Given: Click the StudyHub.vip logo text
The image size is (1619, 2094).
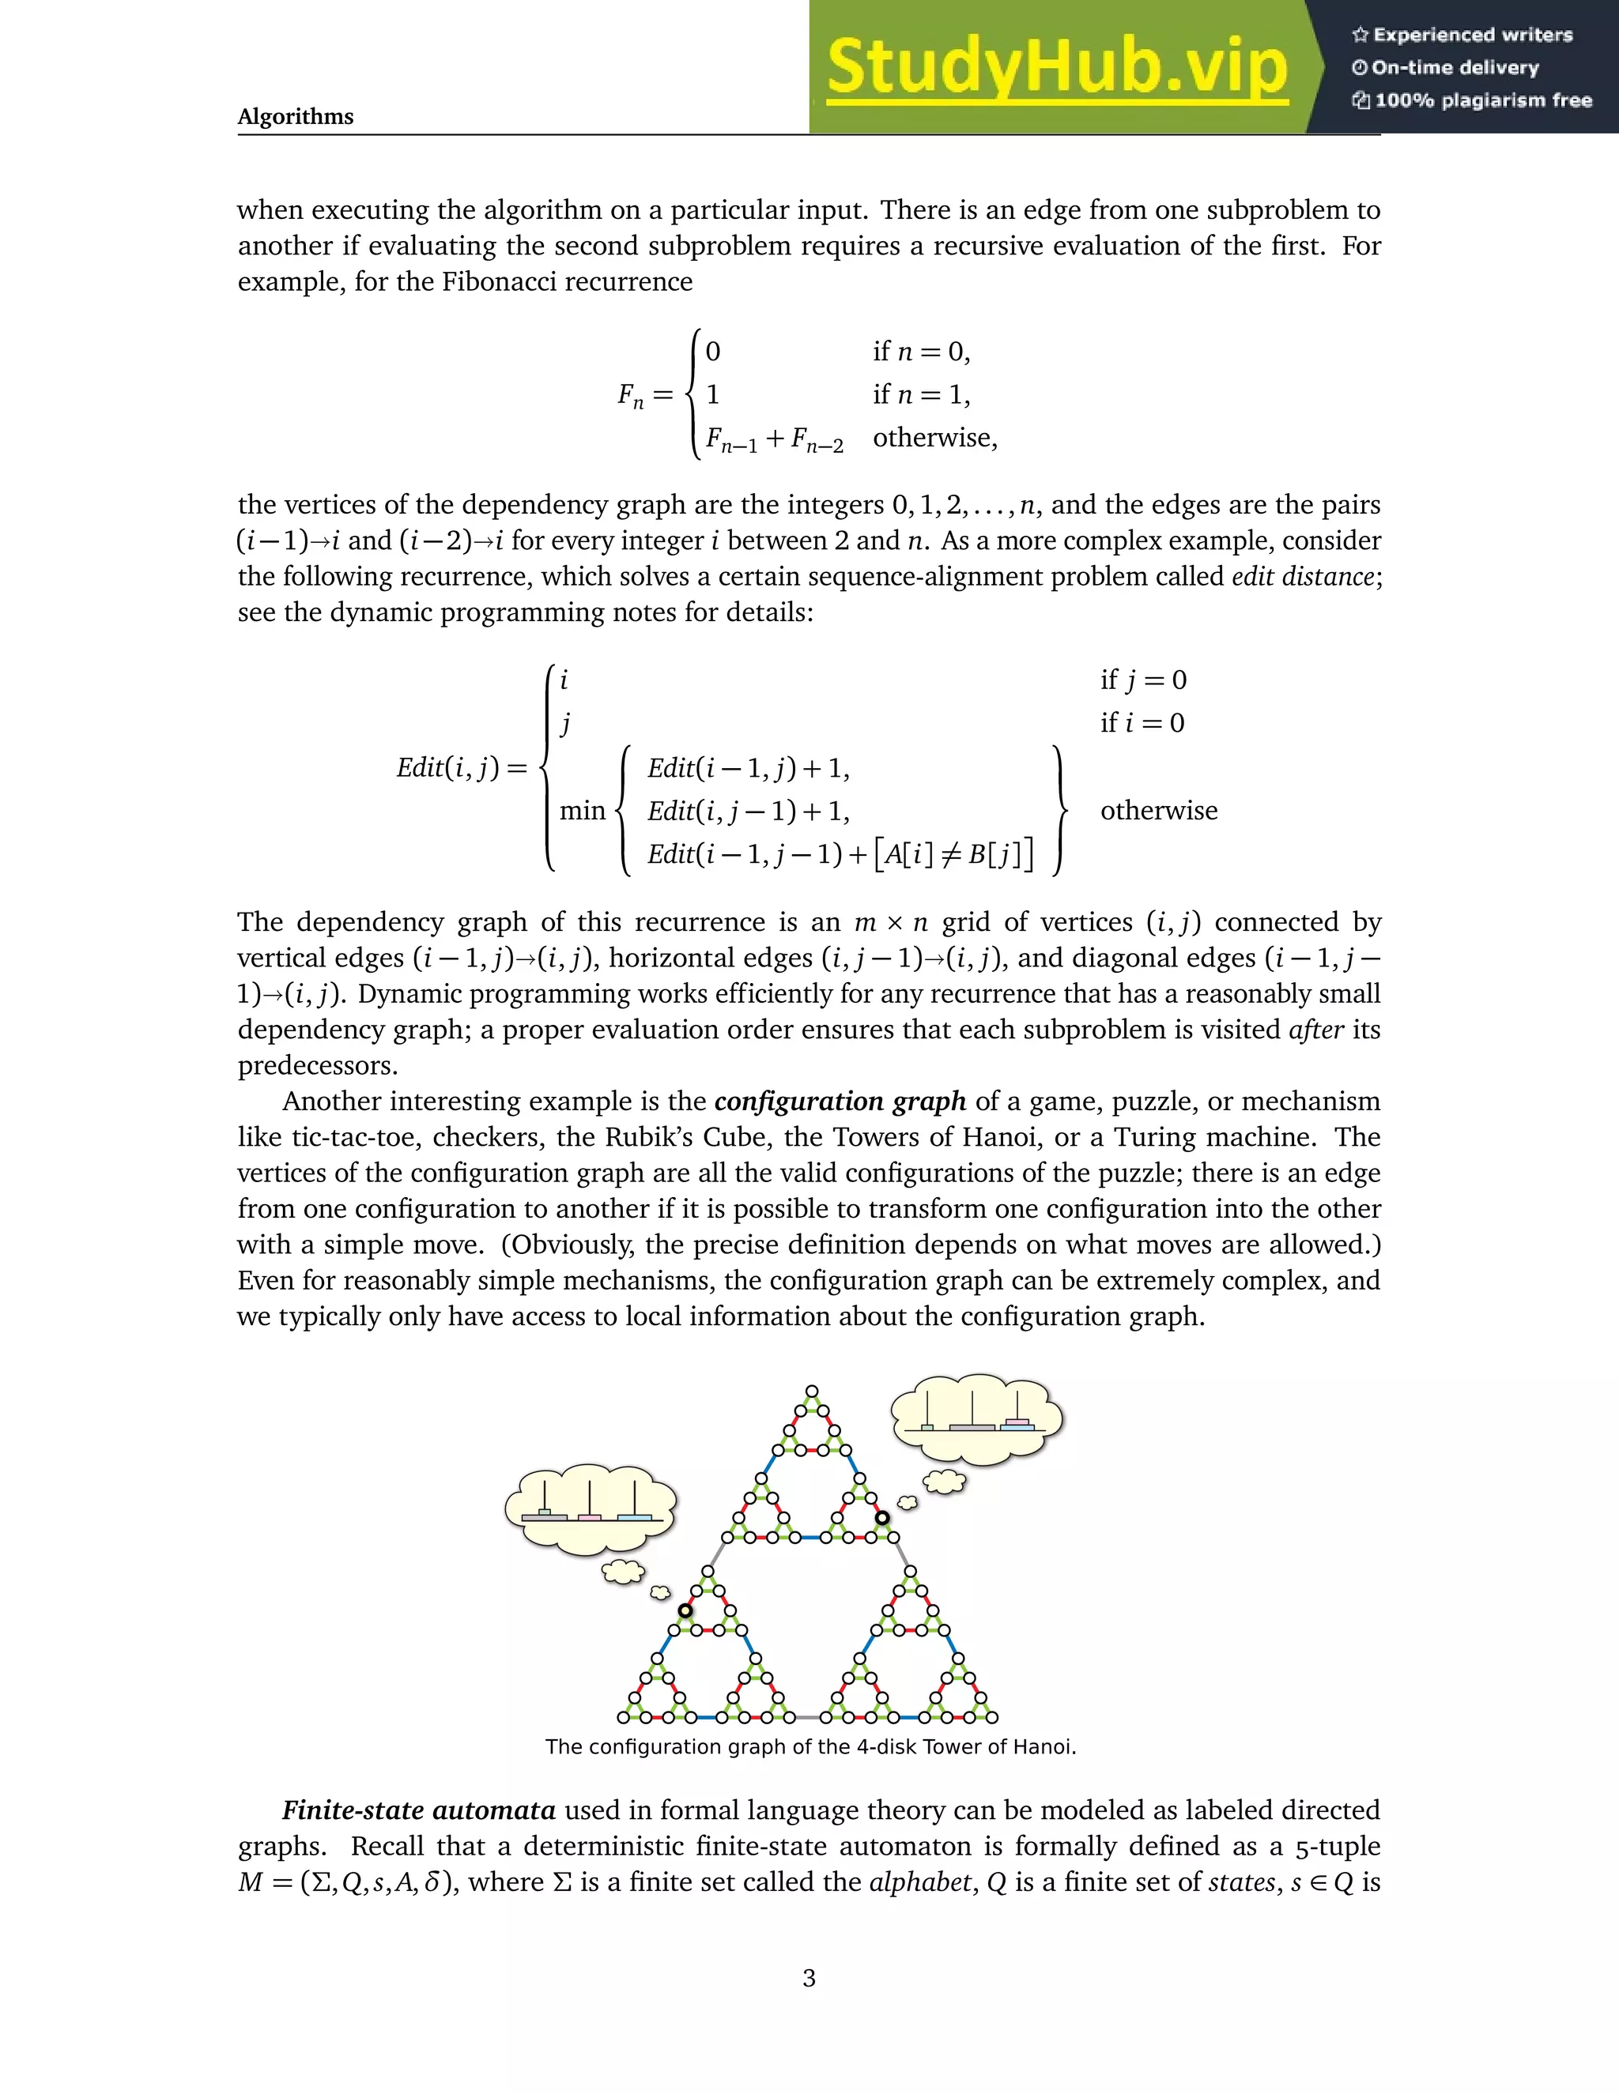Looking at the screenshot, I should (x=1056, y=68).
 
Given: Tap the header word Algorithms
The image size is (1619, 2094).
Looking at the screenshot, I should (x=296, y=117).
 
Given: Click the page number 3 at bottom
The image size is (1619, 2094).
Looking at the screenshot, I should (x=809, y=1978).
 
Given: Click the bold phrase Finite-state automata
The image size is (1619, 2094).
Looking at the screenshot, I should (x=418, y=1810).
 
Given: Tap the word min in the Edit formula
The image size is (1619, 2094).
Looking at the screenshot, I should (x=582, y=812).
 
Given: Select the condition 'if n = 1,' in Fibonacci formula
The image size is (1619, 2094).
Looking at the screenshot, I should (x=921, y=394).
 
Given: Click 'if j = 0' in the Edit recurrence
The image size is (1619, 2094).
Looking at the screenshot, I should (x=1142, y=680).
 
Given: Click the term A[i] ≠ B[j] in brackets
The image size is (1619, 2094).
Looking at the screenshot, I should (x=955, y=853).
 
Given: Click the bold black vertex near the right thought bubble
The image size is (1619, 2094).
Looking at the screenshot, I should (x=881, y=1518).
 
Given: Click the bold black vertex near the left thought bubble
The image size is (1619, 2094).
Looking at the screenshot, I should (x=685, y=1610).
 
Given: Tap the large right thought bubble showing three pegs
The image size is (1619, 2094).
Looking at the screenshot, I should (x=976, y=1420).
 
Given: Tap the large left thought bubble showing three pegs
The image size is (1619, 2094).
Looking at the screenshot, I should (x=590, y=1510).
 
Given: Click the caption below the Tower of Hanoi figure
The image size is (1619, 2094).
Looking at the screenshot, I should (x=810, y=1746).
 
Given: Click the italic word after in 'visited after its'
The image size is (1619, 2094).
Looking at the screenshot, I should (x=1316, y=1030).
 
